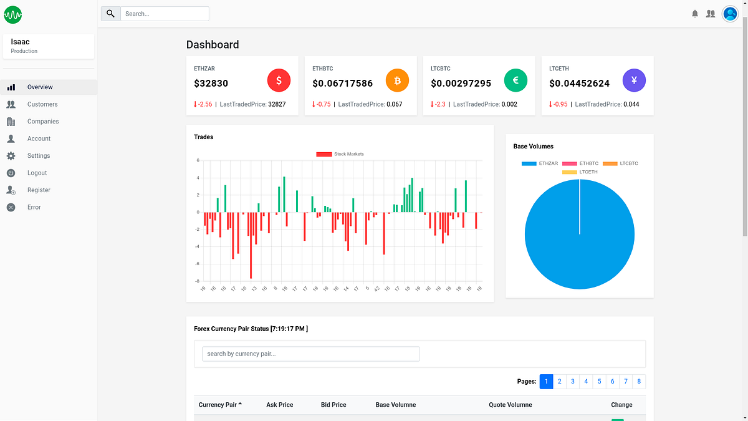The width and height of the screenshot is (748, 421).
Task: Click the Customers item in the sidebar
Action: [x=42, y=104]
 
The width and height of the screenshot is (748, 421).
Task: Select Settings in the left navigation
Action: [x=38, y=156]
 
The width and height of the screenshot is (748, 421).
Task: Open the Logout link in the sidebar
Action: [x=37, y=173]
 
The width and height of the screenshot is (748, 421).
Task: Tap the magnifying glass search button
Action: [x=110, y=14]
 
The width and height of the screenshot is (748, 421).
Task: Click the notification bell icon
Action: [x=695, y=14]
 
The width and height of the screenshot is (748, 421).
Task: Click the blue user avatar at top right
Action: [x=730, y=14]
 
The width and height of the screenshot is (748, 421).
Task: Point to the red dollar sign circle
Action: [x=279, y=80]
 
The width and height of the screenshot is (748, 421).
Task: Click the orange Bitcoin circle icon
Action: [x=397, y=80]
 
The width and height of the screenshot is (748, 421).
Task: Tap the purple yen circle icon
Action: [x=634, y=80]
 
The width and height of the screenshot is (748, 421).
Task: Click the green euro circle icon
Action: [x=515, y=80]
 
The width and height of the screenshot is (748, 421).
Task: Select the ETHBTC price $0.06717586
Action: [x=342, y=84]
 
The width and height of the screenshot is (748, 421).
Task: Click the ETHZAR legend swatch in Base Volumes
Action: [x=529, y=163]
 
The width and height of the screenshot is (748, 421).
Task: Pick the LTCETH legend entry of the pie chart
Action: [x=580, y=172]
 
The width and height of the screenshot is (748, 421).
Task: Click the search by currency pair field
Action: [x=310, y=354]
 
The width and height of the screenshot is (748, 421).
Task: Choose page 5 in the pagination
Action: [x=599, y=382]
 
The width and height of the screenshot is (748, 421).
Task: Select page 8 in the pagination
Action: [x=639, y=382]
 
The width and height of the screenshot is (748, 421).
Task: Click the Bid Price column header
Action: [x=333, y=405]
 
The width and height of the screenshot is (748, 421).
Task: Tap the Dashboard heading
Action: [x=213, y=45]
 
